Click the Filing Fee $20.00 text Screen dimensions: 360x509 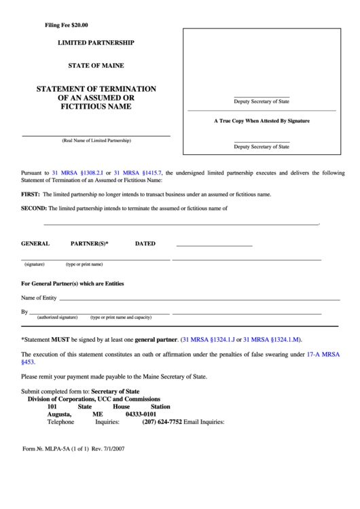coord(66,25)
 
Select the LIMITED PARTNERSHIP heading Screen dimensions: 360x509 coord(96,43)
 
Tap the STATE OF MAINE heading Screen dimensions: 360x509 coord(96,66)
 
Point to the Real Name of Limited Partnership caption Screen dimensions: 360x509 coord(96,141)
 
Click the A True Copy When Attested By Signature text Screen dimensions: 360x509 coord(262,120)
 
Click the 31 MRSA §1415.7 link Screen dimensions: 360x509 coord(138,173)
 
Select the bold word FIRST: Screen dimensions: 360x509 coord(30,194)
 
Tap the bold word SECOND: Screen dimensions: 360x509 coord(33,209)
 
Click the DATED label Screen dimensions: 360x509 coord(145,243)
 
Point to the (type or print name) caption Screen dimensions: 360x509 coord(84,264)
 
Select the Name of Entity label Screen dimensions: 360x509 coord(39,298)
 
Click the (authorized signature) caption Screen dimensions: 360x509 coord(57,317)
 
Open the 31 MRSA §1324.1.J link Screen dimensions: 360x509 coord(208,338)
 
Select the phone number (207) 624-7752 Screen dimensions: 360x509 coord(162,421)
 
